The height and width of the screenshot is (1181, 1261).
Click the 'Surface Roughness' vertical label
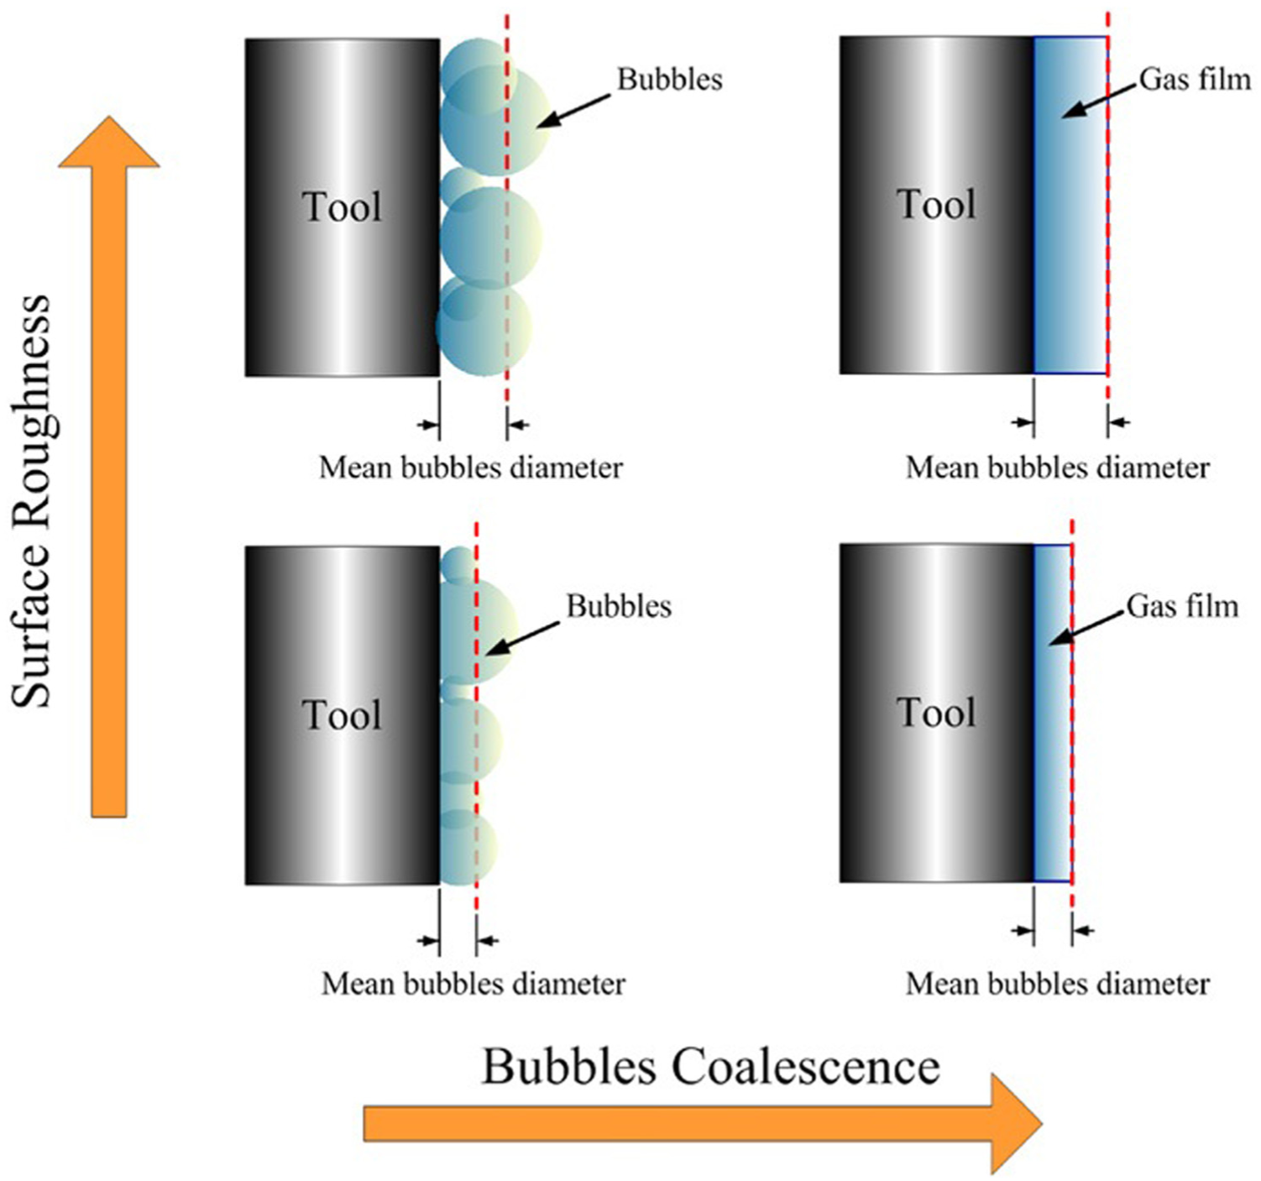point(30,501)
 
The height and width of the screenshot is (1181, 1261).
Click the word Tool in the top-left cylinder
point(343,207)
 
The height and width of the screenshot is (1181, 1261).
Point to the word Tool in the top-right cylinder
point(936,205)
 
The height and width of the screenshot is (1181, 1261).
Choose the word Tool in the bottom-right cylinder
point(936,712)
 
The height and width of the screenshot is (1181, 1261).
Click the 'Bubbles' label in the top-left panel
point(670,80)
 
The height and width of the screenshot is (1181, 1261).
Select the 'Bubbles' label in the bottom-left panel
point(619,606)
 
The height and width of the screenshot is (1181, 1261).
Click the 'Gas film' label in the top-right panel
point(1195,80)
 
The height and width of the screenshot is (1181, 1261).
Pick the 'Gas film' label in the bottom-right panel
point(1182,606)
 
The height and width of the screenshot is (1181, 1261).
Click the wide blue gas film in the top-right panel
point(1070,205)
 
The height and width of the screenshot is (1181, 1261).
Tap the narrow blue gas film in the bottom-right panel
point(1053,713)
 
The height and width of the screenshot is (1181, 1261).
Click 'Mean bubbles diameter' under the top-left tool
point(470,468)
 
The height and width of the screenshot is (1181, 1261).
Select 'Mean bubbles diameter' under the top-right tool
point(1057,468)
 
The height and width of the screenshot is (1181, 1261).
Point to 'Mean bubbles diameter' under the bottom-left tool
point(473,985)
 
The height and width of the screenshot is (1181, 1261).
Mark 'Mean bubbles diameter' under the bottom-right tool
point(1057,985)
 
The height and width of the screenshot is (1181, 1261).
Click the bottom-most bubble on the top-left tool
point(484,327)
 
